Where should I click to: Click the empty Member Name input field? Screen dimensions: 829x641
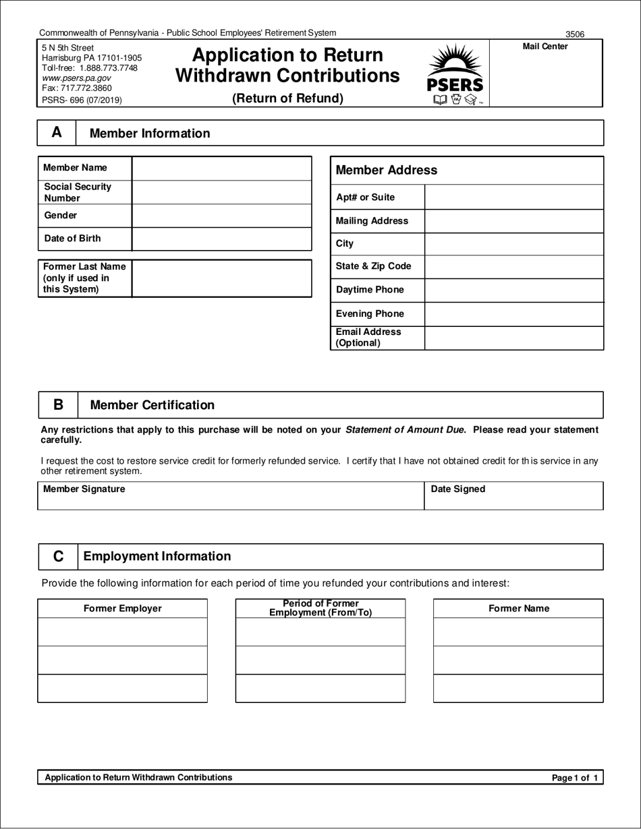point(221,168)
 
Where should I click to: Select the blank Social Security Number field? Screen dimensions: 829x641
point(221,192)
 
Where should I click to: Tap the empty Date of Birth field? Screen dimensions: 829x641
point(221,239)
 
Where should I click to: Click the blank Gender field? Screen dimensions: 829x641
point(221,216)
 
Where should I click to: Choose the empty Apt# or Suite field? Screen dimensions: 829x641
point(513,197)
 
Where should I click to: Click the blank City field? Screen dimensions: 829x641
point(513,244)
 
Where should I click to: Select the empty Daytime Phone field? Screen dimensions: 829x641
point(513,290)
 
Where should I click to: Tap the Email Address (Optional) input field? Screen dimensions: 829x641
point(513,338)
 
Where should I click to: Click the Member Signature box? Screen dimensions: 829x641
point(230,496)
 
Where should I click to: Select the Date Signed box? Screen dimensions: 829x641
point(513,496)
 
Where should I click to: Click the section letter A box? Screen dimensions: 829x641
point(57,133)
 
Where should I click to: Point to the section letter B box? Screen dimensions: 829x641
point(58,405)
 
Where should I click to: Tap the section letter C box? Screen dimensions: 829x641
point(58,557)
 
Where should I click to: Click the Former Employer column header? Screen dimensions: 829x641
point(123,609)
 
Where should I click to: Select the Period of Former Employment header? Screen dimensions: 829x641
point(320,608)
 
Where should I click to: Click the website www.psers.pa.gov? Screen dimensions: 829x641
point(76,78)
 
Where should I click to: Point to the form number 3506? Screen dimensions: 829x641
point(575,34)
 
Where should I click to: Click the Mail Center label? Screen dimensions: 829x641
point(545,47)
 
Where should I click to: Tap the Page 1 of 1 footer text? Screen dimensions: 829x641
point(574,778)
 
